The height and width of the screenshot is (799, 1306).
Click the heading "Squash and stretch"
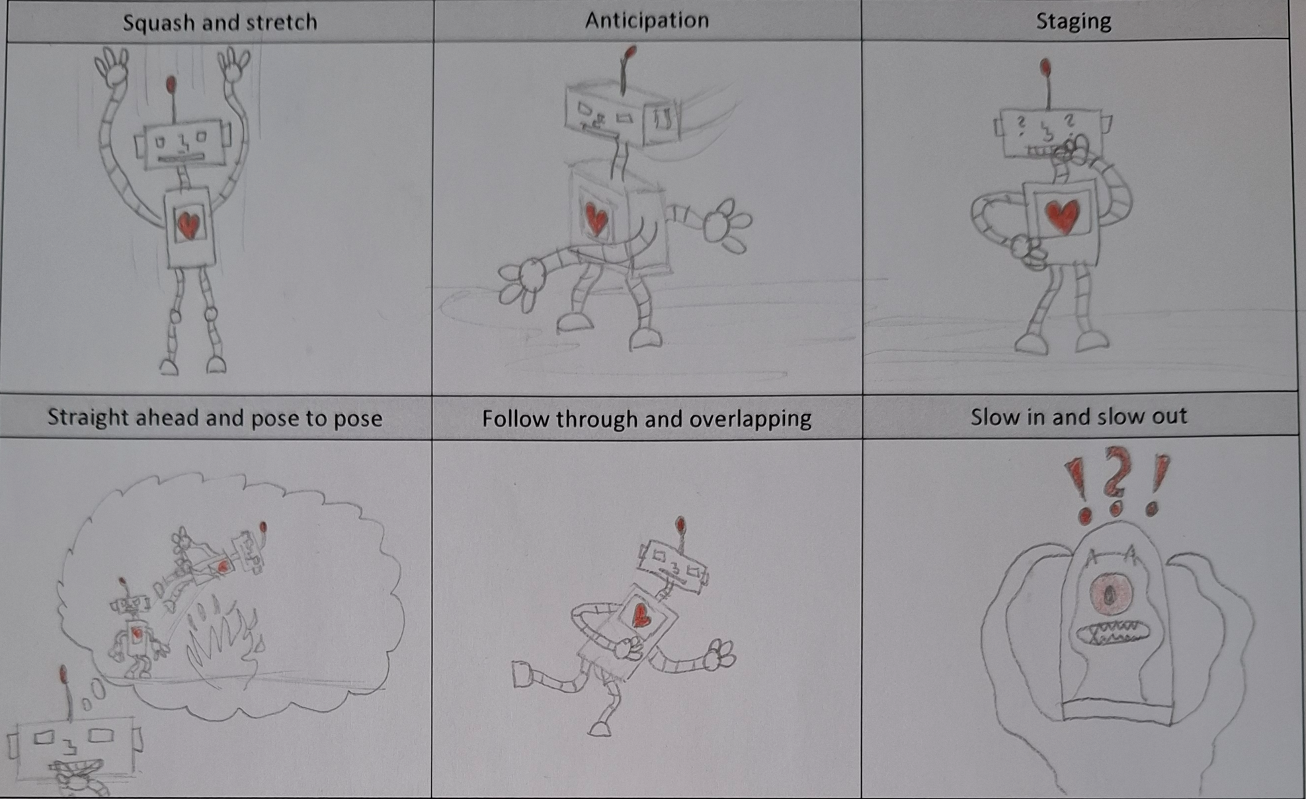pos(220,22)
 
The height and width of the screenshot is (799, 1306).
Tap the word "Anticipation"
pos(647,21)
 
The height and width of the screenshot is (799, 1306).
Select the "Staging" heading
pos(1073,21)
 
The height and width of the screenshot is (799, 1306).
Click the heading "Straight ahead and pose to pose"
pos(215,418)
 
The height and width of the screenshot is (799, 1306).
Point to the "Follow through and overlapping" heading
pos(647,419)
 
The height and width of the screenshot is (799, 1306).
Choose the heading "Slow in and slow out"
pos(1079,417)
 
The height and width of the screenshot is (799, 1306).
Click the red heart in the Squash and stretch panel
pos(189,224)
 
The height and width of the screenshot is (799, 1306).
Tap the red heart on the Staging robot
pos(1063,216)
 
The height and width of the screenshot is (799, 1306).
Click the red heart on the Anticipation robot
pos(596,219)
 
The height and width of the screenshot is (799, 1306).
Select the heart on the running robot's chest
pos(641,615)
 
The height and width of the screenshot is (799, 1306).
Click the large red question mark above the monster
pos(1116,480)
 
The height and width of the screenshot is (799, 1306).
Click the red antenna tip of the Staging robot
pos(1045,67)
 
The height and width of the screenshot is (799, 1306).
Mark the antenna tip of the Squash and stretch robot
pos(171,84)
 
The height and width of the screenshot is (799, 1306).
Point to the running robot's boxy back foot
pos(522,675)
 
